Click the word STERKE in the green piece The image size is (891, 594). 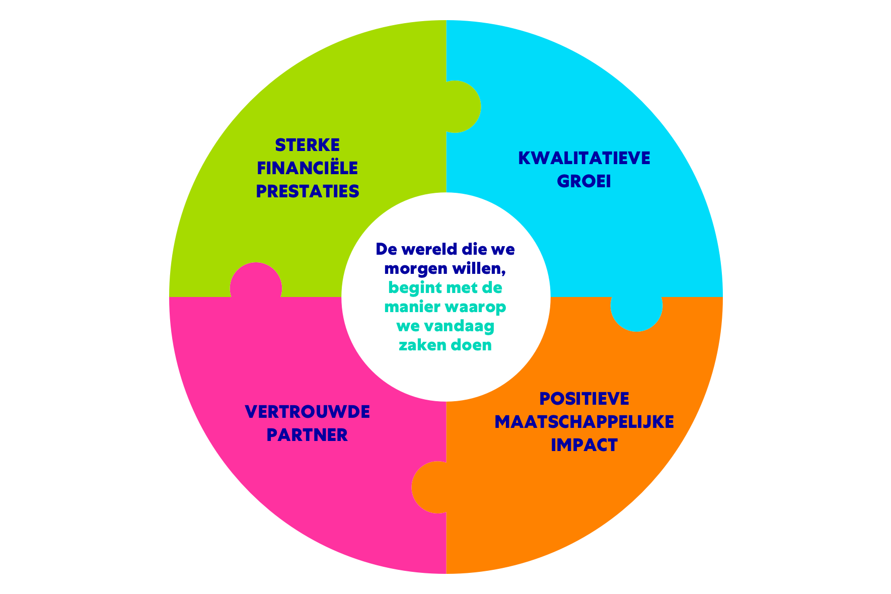[307, 145]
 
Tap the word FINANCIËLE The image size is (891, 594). [307, 168]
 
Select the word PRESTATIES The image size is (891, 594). [307, 191]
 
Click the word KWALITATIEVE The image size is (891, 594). [584, 158]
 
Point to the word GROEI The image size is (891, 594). [584, 181]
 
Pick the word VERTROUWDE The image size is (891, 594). [307, 412]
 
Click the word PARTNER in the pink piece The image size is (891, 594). [307, 435]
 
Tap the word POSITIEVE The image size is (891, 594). [584, 399]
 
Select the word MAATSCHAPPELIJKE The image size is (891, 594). [584, 422]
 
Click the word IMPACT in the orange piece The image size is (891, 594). [584, 445]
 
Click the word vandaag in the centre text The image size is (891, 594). [459, 326]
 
